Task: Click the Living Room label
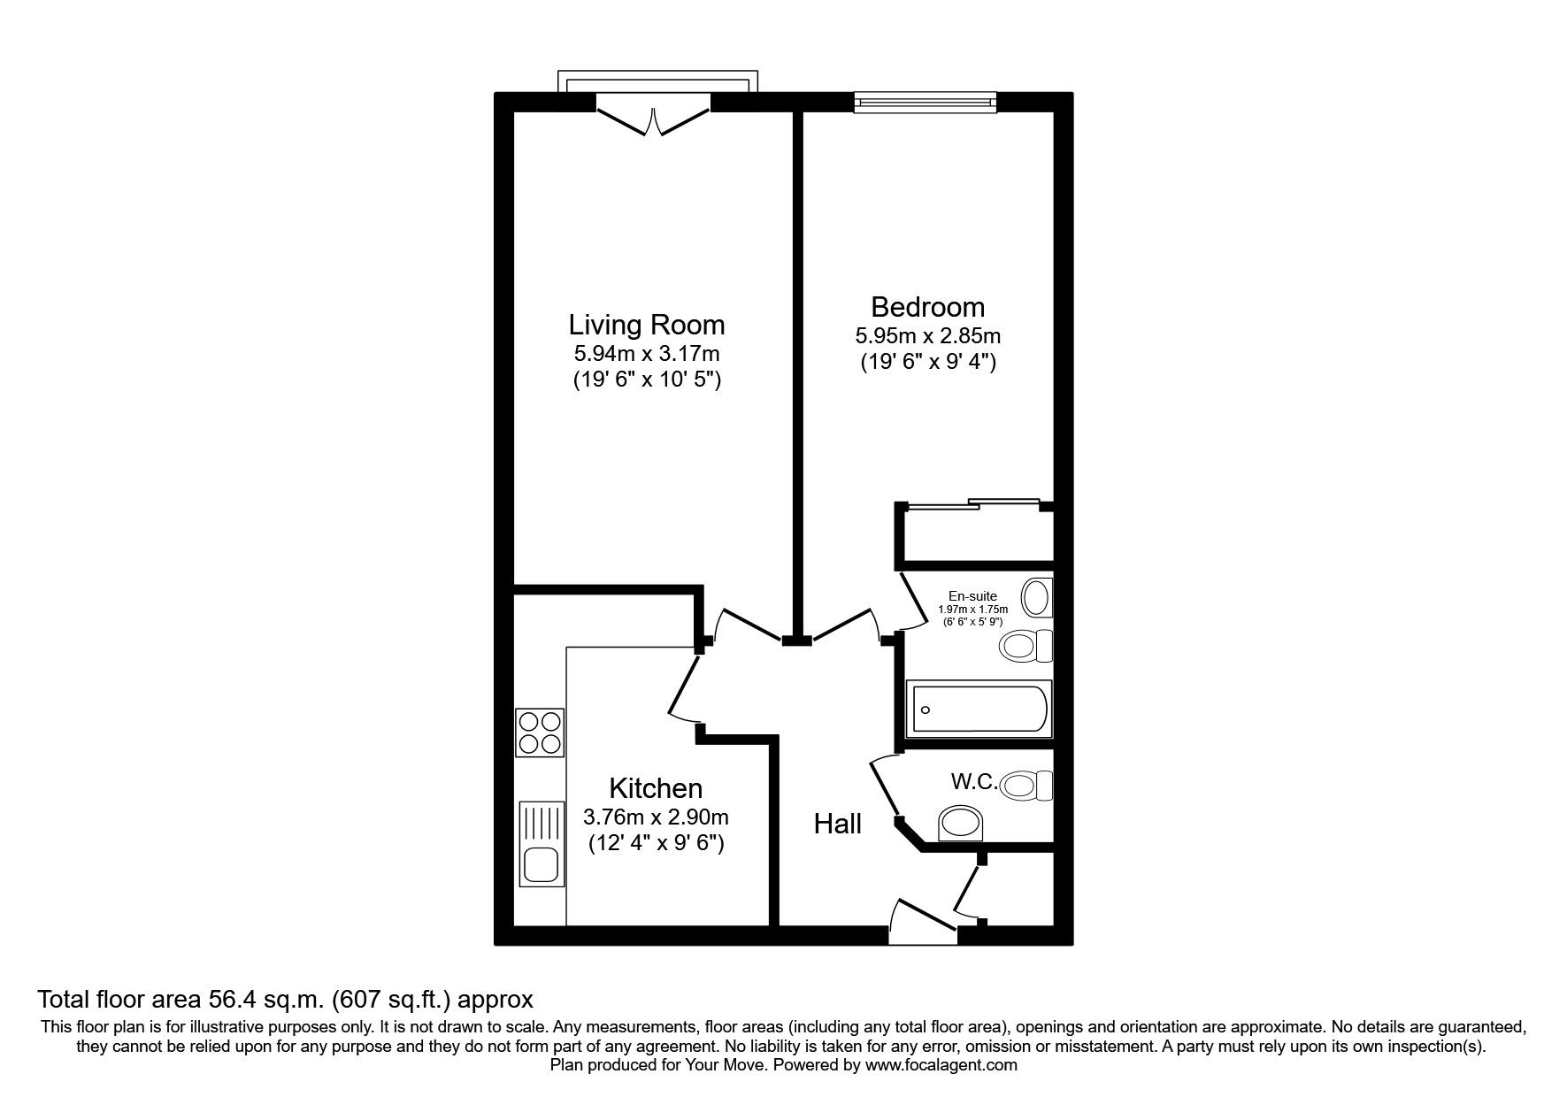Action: (646, 325)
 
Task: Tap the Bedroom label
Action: (927, 307)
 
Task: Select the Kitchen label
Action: (656, 788)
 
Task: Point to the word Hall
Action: (837, 825)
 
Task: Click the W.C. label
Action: (974, 782)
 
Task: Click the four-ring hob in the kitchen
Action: (540, 733)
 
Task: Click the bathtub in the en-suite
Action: (979, 709)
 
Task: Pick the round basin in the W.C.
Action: (961, 824)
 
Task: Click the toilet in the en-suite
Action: (1026, 647)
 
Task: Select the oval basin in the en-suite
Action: (1036, 597)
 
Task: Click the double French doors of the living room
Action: (653, 121)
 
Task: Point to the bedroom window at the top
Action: (925, 103)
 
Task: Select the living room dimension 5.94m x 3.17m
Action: (646, 355)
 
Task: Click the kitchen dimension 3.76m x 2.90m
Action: (656, 817)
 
